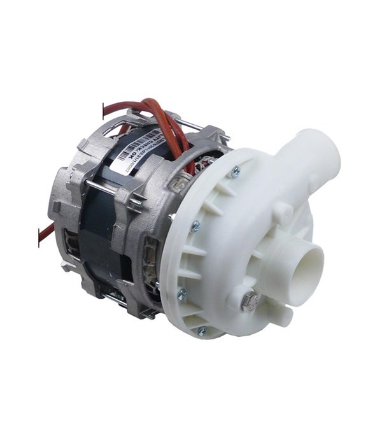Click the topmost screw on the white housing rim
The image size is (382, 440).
(x=236, y=170)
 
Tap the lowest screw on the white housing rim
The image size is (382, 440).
(x=202, y=330)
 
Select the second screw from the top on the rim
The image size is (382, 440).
(x=195, y=225)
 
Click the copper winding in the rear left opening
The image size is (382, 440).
(x=72, y=245)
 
